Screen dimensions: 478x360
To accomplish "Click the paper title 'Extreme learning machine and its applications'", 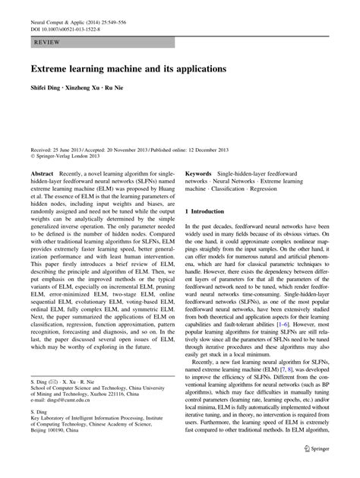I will (128, 68).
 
